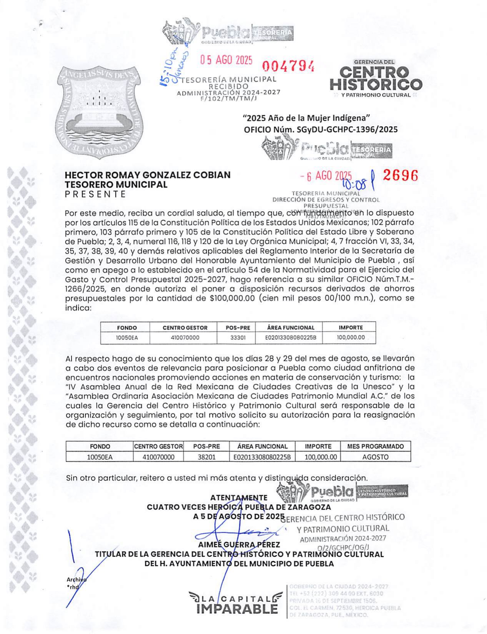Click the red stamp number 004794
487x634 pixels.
[x=288, y=66]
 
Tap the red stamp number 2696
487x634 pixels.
[x=400, y=175]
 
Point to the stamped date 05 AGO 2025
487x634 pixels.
[x=226, y=60]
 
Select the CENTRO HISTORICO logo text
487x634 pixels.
[x=376, y=78]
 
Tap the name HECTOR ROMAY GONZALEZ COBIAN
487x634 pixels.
[x=148, y=175]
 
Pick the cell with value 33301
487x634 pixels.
[x=238, y=338]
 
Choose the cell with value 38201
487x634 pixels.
[x=206, y=457]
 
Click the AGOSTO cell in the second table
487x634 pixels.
[x=375, y=457]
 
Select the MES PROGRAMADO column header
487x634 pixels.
[x=375, y=446]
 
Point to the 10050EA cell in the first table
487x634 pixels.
[x=127, y=338]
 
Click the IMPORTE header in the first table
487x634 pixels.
[x=351, y=327]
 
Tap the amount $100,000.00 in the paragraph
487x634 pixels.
[x=232, y=298]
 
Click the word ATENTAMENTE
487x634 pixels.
[x=239, y=497]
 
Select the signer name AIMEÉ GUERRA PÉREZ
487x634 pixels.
[x=239, y=545]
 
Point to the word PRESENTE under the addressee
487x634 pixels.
[x=95, y=194]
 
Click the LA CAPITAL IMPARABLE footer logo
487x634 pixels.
[x=236, y=604]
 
